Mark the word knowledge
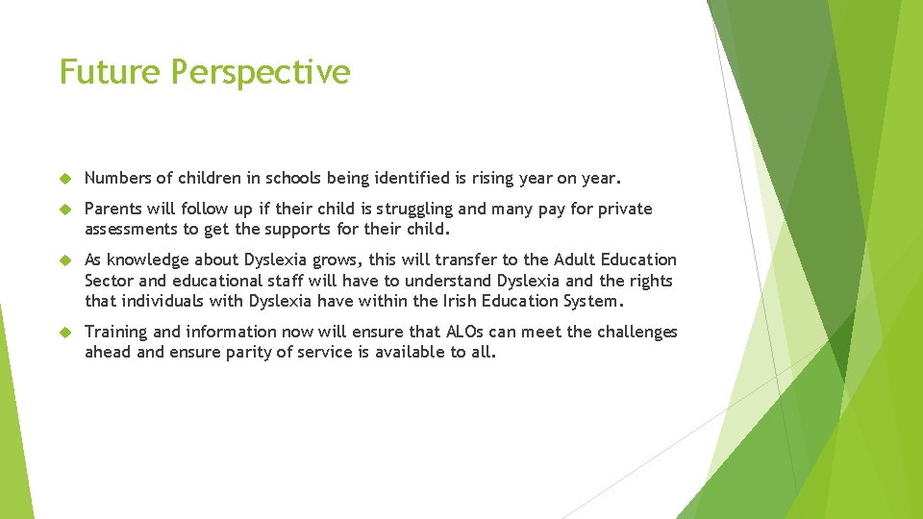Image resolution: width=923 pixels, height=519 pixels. (x=147, y=259)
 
